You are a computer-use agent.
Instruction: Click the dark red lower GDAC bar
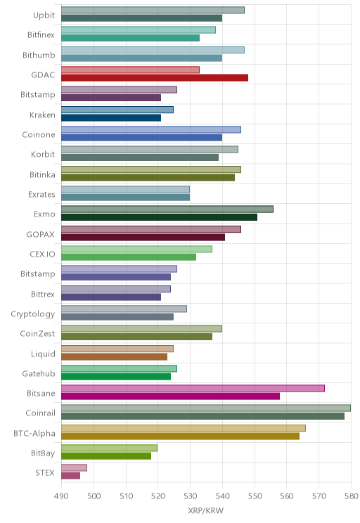(155, 78)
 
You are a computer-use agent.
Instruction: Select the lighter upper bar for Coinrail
(206, 408)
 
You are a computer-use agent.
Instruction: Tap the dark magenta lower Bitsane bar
(170, 396)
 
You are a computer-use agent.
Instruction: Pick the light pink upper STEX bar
(74, 467)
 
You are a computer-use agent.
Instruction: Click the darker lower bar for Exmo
(159, 217)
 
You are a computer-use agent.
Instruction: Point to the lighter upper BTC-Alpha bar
(184, 428)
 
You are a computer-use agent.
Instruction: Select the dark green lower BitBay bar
(106, 456)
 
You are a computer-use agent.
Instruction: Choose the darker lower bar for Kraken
(111, 117)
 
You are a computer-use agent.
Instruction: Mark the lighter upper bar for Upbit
(153, 10)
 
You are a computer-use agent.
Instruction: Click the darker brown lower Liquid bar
(114, 356)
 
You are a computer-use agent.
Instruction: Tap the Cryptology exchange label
(33, 314)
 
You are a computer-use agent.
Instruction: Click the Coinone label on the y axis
(39, 135)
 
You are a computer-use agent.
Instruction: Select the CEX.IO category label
(42, 254)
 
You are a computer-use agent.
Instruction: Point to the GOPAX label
(40, 235)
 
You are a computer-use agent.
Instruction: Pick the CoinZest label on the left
(37, 334)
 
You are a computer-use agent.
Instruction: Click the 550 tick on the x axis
(255, 496)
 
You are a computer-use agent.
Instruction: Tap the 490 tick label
(61, 496)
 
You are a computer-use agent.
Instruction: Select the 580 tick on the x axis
(352, 496)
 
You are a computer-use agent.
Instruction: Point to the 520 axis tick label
(158, 496)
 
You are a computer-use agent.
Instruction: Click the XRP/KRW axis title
(205, 510)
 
